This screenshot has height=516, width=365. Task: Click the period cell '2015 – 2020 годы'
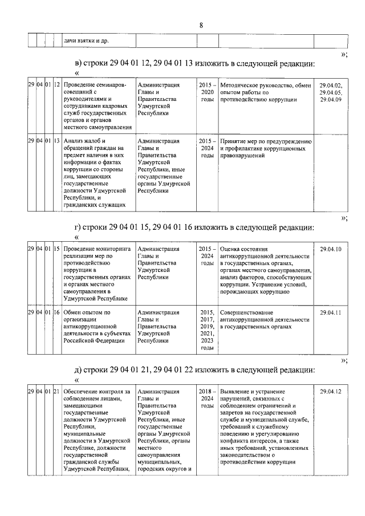(x=206, y=92)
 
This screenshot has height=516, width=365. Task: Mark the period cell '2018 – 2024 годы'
(x=206, y=399)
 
